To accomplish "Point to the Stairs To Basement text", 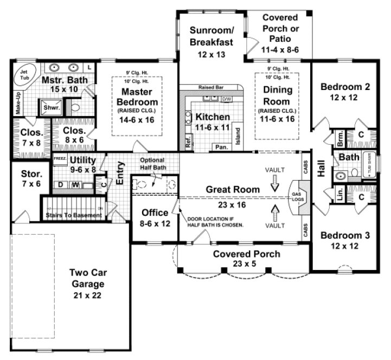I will pyautogui.click(x=74, y=215).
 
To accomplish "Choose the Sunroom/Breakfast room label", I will pyautogui.click(x=211, y=35).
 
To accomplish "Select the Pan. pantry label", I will pyautogui.click(x=221, y=147).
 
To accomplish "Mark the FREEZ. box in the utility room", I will pyautogui.click(x=59, y=159).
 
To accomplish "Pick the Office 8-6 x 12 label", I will pyautogui.click(x=155, y=217).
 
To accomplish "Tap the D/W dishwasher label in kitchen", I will pyautogui.click(x=226, y=99).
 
